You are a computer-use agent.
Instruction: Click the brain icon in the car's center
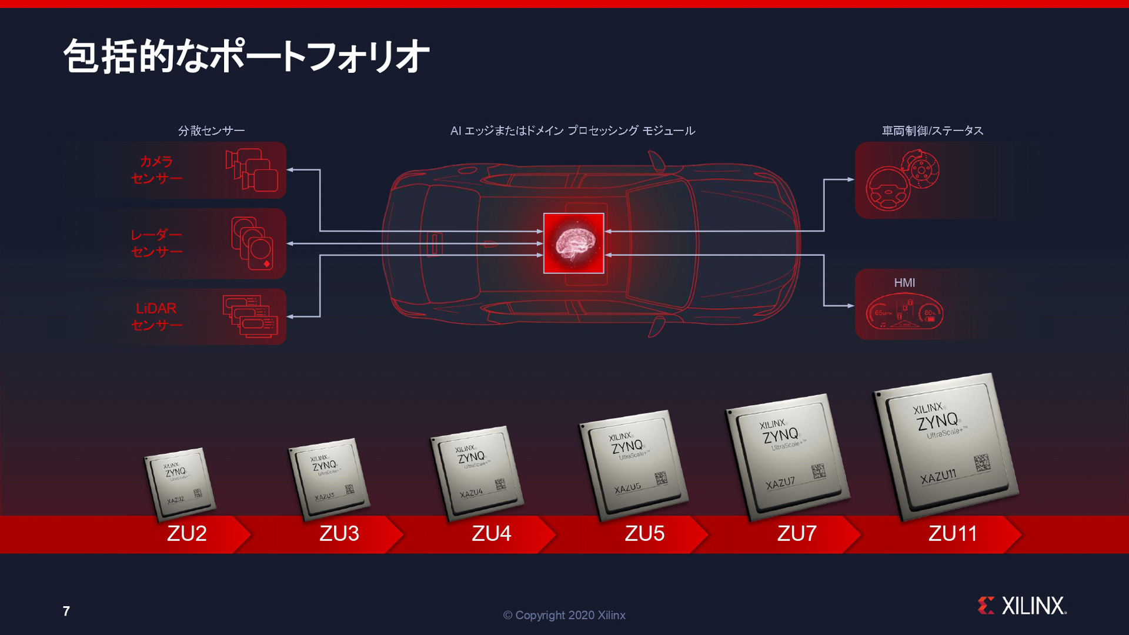click(x=573, y=243)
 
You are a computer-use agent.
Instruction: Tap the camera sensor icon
click(x=252, y=170)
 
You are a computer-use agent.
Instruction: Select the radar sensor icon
click(x=252, y=243)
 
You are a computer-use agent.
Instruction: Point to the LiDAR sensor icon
click(x=250, y=316)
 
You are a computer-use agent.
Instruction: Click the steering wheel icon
click(x=888, y=189)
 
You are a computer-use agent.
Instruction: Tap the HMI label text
click(x=904, y=283)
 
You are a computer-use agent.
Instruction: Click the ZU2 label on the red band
click(x=187, y=533)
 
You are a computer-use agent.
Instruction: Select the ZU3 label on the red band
click(x=339, y=533)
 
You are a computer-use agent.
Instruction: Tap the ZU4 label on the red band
click(x=492, y=533)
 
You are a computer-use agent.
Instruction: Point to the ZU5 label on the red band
click(x=644, y=533)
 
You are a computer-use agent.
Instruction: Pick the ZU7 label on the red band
click(x=797, y=533)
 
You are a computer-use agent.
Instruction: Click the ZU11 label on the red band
click(x=953, y=533)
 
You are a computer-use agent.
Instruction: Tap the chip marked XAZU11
click(x=946, y=445)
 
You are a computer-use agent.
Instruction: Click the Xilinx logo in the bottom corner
click(x=1022, y=606)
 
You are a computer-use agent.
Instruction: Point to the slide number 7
click(x=66, y=611)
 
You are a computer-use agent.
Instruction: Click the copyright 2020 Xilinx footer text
click(x=564, y=615)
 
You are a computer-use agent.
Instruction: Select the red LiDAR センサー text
click(x=156, y=316)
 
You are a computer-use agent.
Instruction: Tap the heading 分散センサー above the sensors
click(x=211, y=131)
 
